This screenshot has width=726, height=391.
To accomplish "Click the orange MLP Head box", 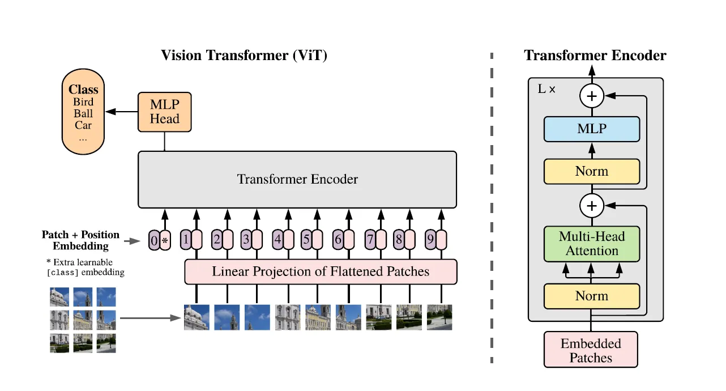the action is pyautogui.click(x=165, y=112).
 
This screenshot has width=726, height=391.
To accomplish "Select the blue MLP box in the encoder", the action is pyautogui.click(x=592, y=129).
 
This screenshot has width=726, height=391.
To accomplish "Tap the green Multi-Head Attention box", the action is pyautogui.click(x=592, y=244).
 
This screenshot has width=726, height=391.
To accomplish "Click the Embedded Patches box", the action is pyautogui.click(x=591, y=350).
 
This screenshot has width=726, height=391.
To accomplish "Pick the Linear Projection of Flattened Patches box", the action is pyautogui.click(x=321, y=271).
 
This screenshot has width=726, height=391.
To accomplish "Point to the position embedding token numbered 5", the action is pyautogui.click(x=306, y=240).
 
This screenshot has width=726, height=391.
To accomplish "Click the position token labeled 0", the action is pyautogui.click(x=154, y=240).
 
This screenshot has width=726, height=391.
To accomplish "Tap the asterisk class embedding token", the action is pyautogui.click(x=165, y=240).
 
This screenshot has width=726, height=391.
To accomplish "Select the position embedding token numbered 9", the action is pyautogui.click(x=430, y=240).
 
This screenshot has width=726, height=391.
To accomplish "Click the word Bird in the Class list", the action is pyautogui.click(x=83, y=102).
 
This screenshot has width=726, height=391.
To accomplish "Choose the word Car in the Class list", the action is pyautogui.click(x=83, y=125).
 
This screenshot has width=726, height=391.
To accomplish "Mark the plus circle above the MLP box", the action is pyautogui.click(x=592, y=96).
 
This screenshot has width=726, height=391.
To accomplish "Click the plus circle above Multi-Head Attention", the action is pyautogui.click(x=592, y=206).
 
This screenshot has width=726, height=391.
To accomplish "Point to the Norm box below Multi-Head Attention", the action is pyautogui.click(x=592, y=296).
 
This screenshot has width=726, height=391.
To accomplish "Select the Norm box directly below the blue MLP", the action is pyautogui.click(x=592, y=172).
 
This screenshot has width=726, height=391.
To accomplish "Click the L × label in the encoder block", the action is pyautogui.click(x=546, y=89).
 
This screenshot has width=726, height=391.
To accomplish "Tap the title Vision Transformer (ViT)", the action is pyautogui.click(x=244, y=56).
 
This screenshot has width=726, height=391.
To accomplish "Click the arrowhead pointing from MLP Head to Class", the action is pyautogui.click(x=110, y=112).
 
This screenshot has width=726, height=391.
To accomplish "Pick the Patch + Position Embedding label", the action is pyautogui.click(x=81, y=240).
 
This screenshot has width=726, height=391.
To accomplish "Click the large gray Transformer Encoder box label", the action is pyautogui.click(x=297, y=179).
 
